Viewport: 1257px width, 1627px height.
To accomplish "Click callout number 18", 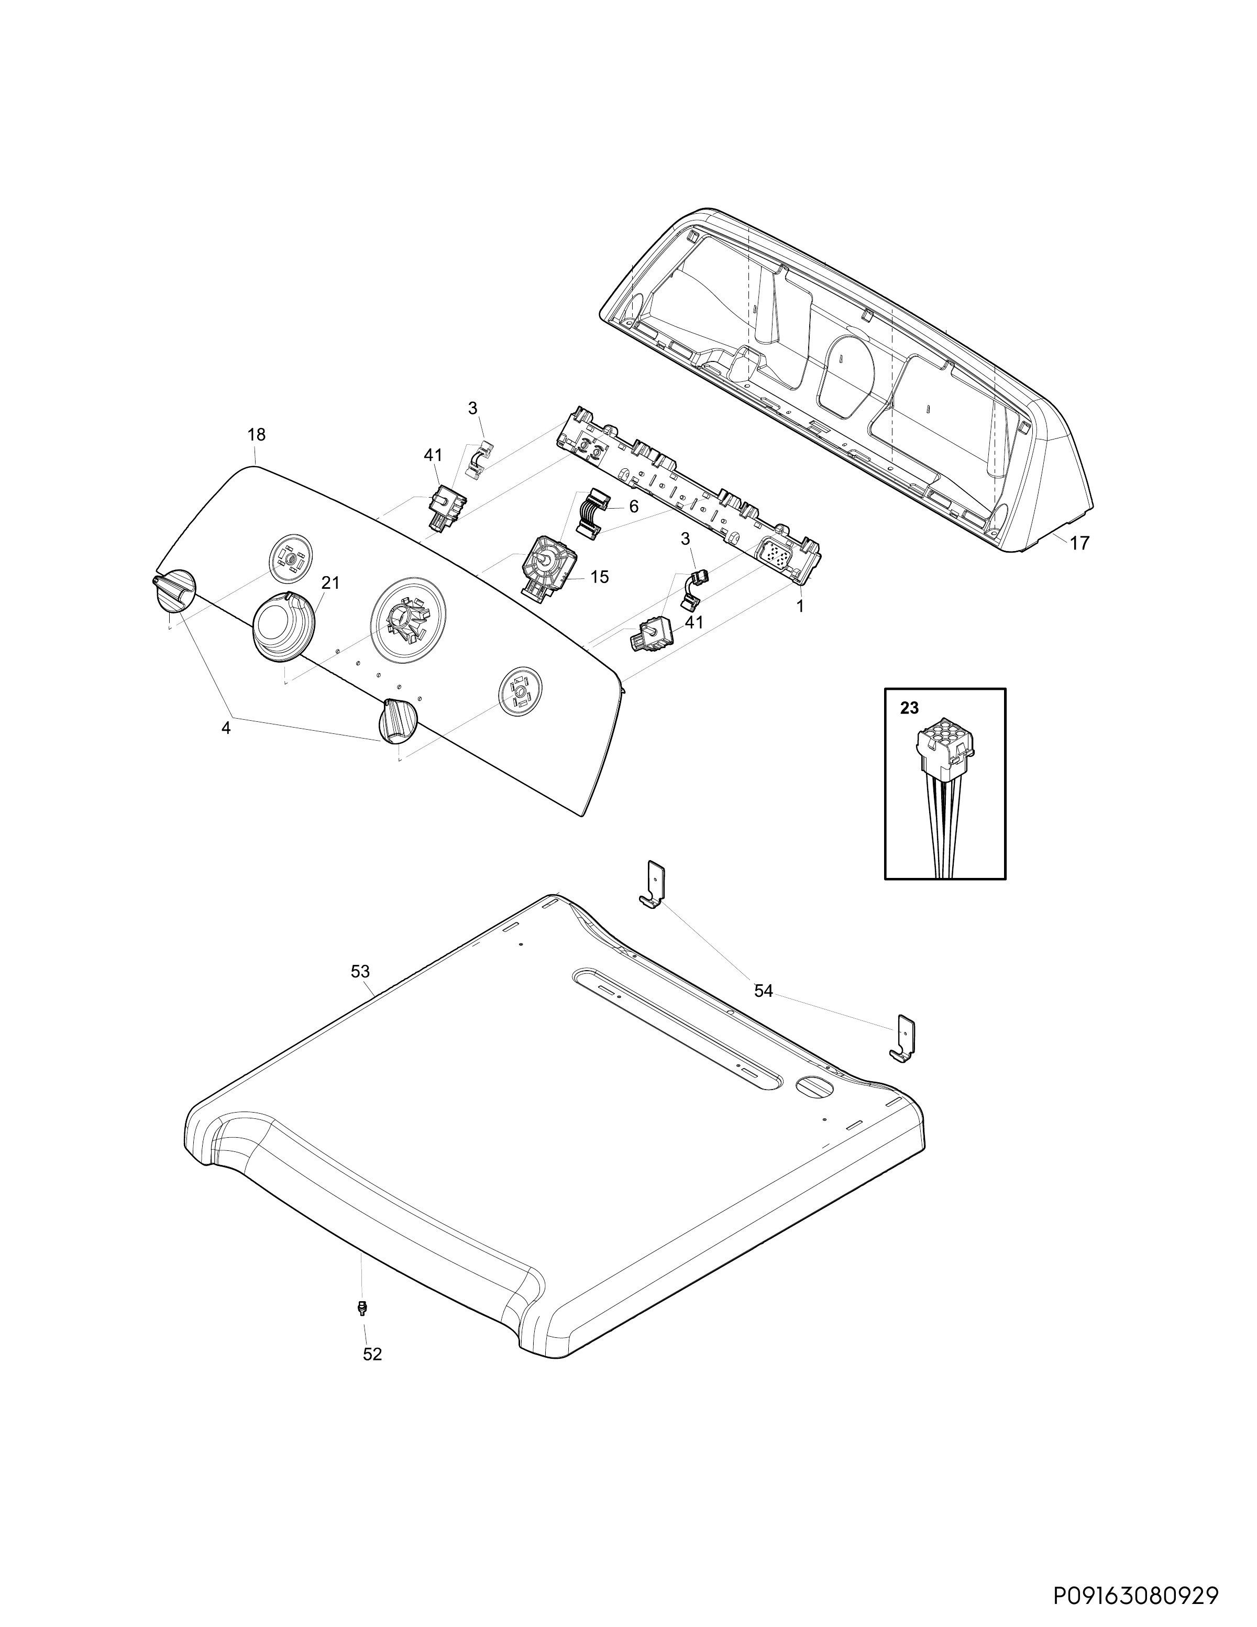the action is [x=256, y=435].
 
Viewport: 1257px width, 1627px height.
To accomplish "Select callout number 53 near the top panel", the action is [x=360, y=971].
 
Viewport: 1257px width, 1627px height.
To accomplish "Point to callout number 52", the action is [x=372, y=1354].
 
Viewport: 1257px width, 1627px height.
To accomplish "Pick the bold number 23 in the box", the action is [x=909, y=708].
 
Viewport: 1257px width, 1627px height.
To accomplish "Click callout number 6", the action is [x=634, y=507].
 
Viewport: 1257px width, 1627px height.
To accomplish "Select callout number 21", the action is [x=330, y=584].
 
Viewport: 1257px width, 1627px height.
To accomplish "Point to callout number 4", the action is [x=226, y=728].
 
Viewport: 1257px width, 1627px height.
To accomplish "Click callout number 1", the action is [x=800, y=607].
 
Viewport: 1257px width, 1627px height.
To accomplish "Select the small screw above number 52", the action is [x=362, y=1305].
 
